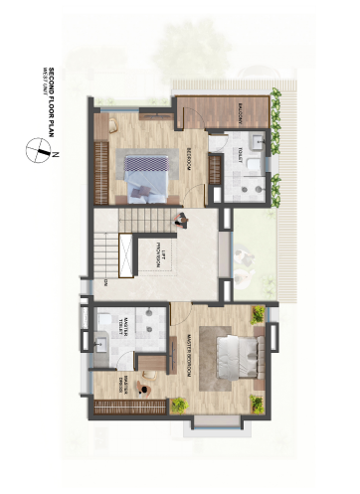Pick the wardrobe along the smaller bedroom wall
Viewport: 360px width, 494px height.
(100, 170)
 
